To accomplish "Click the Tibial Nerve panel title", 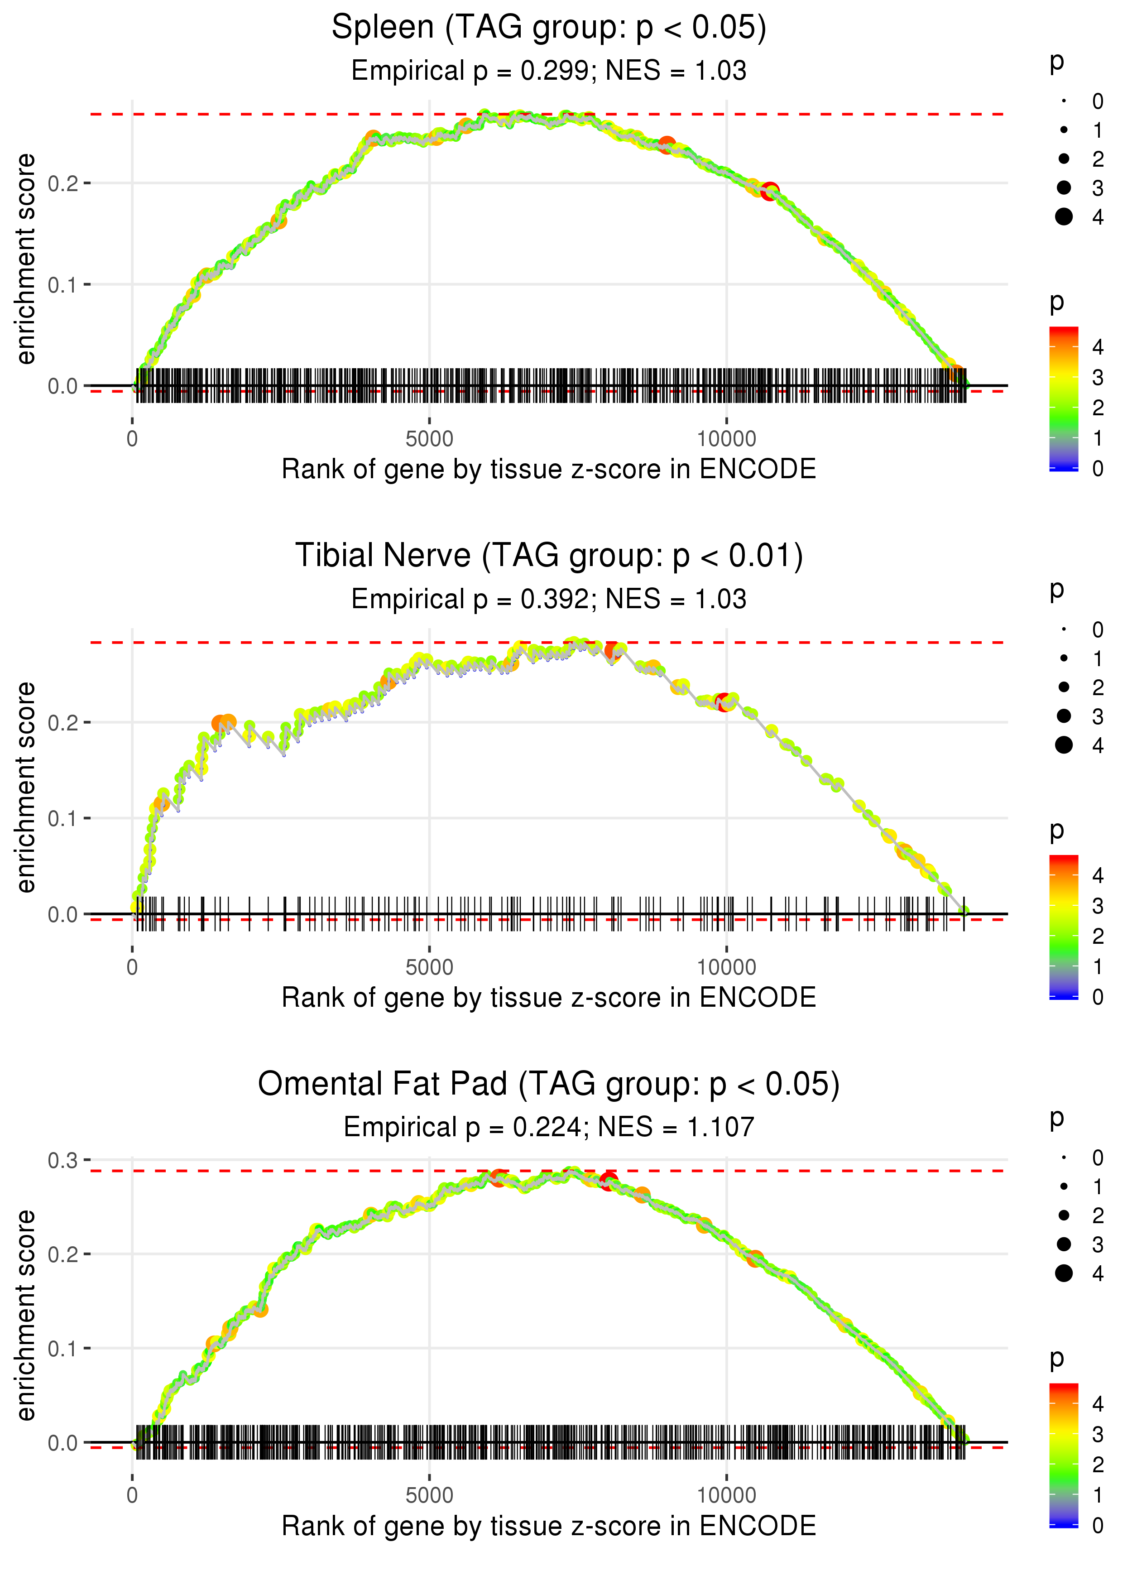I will click(549, 556).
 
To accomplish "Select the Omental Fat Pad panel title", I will click(549, 1084).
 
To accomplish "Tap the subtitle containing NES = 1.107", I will click(549, 1127).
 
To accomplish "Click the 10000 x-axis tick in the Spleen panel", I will click(726, 439).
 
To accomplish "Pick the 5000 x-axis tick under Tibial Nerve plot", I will click(429, 967).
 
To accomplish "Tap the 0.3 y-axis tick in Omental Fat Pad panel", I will click(63, 1161).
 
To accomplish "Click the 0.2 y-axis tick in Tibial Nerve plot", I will click(63, 723).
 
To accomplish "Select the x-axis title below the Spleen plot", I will click(549, 469).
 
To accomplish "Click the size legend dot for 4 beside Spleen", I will click(1064, 217).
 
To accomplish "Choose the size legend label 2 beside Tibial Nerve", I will click(1098, 687).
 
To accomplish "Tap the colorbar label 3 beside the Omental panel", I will click(1098, 1435).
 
